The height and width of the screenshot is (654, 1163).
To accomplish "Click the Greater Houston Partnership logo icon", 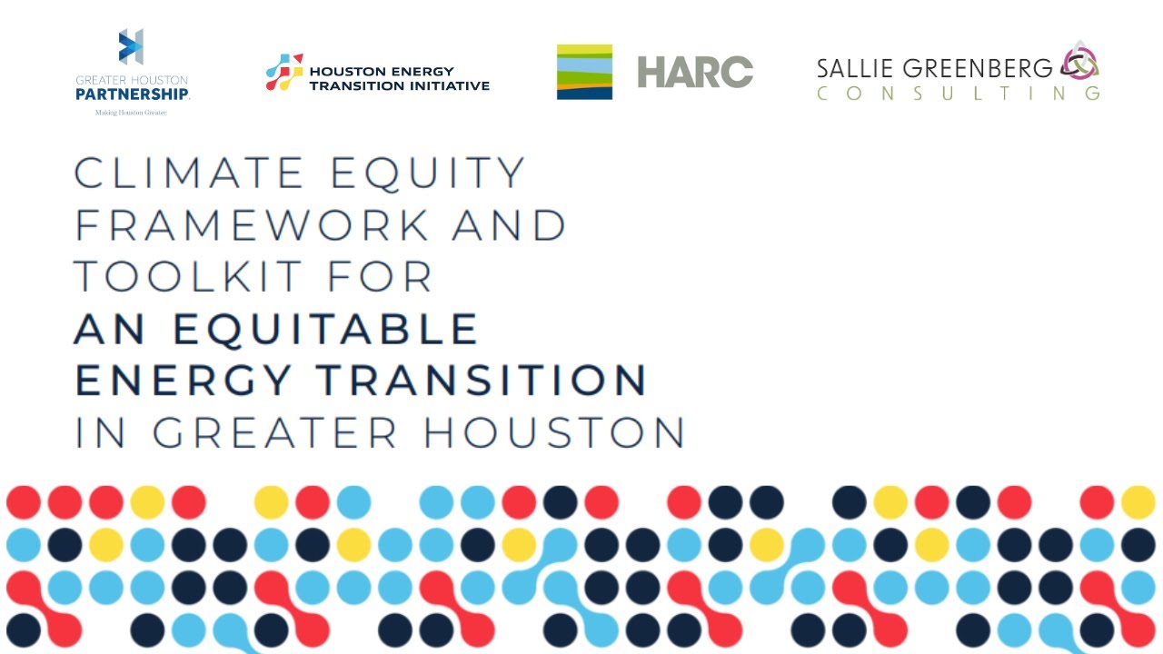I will (132, 47).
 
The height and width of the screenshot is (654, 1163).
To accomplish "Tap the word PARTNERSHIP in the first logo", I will (133, 94).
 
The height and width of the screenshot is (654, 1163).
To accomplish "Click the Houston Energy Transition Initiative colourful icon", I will (284, 72).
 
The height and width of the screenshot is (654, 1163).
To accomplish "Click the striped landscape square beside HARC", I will (584, 72).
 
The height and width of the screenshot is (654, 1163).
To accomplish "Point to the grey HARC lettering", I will (695, 72).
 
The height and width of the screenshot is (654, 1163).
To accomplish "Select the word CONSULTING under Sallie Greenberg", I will (958, 93).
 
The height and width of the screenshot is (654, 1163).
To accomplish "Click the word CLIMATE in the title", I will (189, 173).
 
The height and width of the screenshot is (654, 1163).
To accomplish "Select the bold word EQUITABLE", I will (325, 329).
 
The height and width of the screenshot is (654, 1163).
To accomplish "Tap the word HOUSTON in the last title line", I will (553, 432).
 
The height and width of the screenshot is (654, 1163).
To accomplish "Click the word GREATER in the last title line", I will (274, 432).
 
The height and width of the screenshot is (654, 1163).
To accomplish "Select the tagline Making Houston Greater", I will (132, 113).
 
